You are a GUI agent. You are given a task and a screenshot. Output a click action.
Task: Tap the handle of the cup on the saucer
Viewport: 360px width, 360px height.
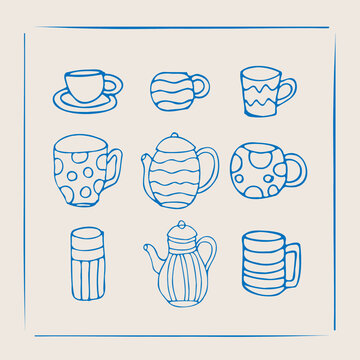112,83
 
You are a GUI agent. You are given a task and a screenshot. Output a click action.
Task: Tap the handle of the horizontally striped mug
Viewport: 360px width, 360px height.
292,262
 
